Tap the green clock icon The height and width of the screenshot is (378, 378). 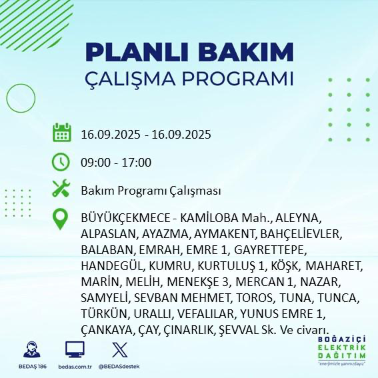[61, 161]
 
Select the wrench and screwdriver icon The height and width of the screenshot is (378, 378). [61, 189]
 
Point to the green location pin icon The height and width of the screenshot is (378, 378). [61, 219]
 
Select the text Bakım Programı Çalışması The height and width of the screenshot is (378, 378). [150, 191]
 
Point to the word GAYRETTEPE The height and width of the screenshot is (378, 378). [275, 251]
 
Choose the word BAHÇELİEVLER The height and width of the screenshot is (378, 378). [299, 235]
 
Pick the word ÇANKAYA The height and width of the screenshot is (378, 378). [107, 331]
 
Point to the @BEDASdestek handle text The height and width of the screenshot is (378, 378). [119, 367]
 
